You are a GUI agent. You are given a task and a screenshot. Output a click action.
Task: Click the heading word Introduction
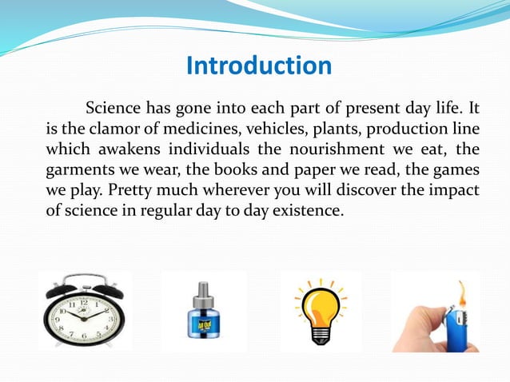(258, 66)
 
